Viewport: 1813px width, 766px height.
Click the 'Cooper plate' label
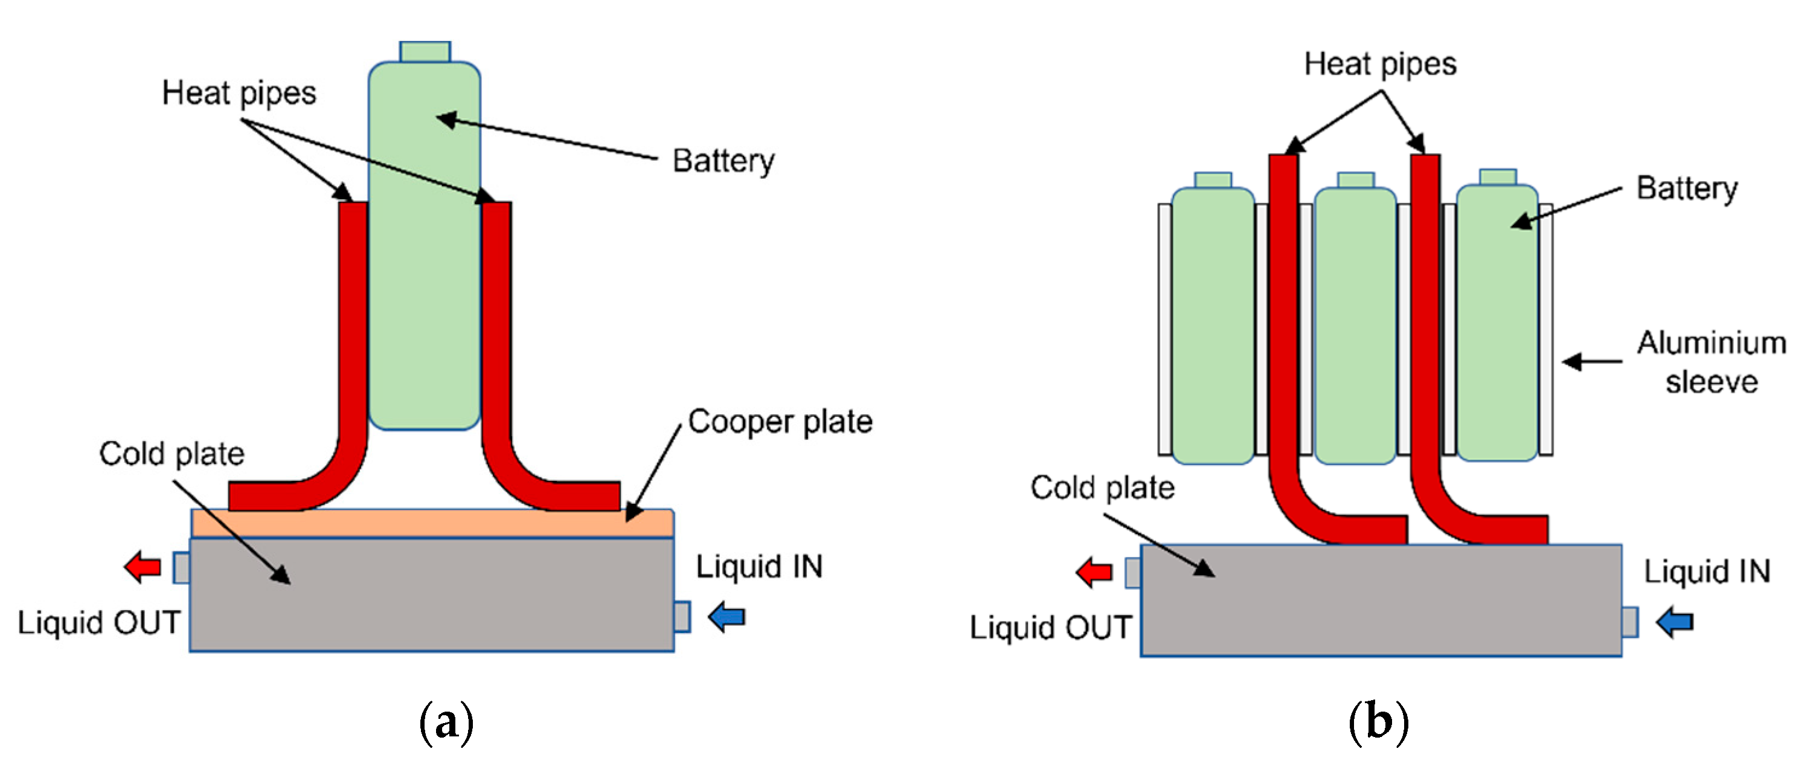pyautogui.click(x=780, y=421)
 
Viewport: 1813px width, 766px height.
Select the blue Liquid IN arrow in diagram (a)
pyautogui.click(x=727, y=617)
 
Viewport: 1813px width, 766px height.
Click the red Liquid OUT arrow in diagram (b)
pyautogui.click(x=1094, y=573)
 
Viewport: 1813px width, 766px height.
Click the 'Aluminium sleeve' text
pyautogui.click(x=1711, y=362)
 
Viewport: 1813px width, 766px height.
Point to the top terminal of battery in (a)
pyautogui.click(x=425, y=51)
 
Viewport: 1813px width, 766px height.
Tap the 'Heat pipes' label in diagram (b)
pyautogui.click(x=1379, y=64)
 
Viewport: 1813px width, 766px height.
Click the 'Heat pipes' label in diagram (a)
pyautogui.click(x=239, y=93)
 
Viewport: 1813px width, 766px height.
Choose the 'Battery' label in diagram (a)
pyautogui.click(x=723, y=161)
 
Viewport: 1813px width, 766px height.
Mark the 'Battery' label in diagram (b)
pyautogui.click(x=1686, y=188)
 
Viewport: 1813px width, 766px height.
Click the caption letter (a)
pyautogui.click(x=446, y=723)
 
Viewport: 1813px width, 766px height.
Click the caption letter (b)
pyautogui.click(x=1378, y=723)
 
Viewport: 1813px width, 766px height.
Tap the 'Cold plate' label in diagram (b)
pyautogui.click(x=1102, y=487)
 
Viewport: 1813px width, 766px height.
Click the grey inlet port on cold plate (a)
pyautogui.click(x=681, y=617)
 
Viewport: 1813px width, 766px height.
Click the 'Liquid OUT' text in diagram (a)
pyautogui.click(x=98, y=622)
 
